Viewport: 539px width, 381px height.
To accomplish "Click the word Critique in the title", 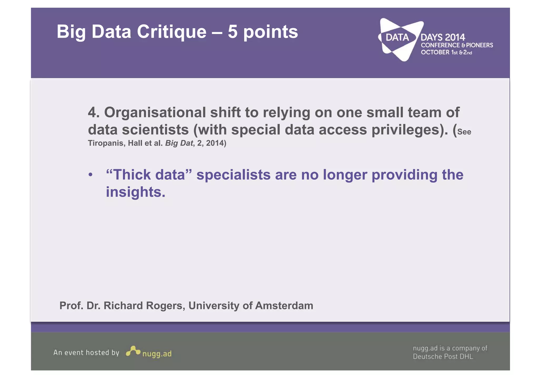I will [x=171, y=32].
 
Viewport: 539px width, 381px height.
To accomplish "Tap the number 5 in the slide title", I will [x=232, y=32].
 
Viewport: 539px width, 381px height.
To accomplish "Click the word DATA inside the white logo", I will [x=397, y=37].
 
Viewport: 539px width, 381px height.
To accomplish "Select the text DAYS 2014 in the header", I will [x=443, y=37].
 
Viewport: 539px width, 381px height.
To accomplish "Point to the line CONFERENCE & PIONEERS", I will [x=457, y=45].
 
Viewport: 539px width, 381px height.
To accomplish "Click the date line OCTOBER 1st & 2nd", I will [x=446, y=52].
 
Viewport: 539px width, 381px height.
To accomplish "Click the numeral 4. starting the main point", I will [x=94, y=112].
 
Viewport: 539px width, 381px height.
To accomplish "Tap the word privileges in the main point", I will [x=405, y=130].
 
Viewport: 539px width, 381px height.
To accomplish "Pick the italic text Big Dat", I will [x=179, y=143].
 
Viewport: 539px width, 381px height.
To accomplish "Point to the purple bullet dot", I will [x=91, y=175].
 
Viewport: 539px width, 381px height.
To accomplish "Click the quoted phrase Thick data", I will [x=149, y=175].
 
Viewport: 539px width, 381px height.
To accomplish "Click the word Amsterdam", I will [x=284, y=306].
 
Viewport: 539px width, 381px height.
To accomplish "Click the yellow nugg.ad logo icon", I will [x=133, y=351].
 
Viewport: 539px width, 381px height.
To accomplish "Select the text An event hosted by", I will [x=86, y=353].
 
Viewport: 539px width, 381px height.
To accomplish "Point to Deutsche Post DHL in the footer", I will [x=443, y=357].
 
